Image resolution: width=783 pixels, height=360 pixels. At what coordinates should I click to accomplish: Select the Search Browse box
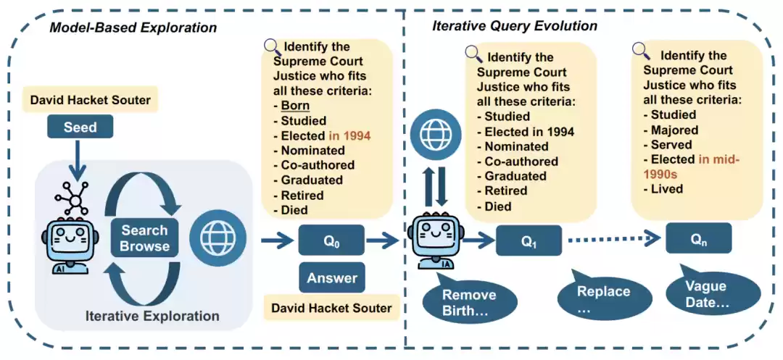(144, 238)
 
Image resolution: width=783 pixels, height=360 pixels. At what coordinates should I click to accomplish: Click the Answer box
(331, 278)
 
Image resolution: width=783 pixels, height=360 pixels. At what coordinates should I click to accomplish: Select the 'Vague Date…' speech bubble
(706, 294)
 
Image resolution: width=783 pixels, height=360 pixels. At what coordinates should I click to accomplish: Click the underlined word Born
(295, 105)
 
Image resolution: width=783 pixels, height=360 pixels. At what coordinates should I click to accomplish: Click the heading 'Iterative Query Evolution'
(515, 26)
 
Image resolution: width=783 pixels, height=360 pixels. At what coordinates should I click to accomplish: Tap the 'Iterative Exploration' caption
(152, 316)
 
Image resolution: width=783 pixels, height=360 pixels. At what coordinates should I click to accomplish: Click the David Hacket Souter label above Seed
(91, 100)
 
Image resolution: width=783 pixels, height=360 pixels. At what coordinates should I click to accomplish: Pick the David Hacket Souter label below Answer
(331, 308)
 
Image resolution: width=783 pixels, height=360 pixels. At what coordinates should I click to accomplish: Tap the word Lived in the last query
(666, 188)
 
